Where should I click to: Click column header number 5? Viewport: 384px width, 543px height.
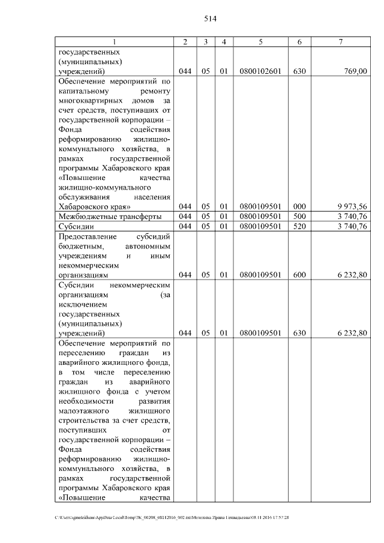click(x=260, y=41)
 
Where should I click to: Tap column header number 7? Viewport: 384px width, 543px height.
click(x=340, y=41)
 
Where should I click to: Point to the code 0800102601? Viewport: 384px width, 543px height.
click(x=260, y=71)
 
